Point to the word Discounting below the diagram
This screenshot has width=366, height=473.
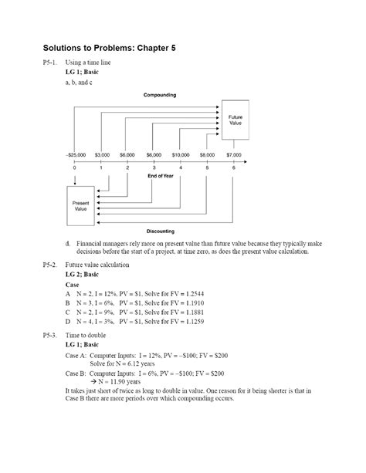tap(161, 231)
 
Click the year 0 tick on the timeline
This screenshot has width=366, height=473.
tap(74, 167)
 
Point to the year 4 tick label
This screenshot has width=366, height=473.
tap(181, 167)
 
